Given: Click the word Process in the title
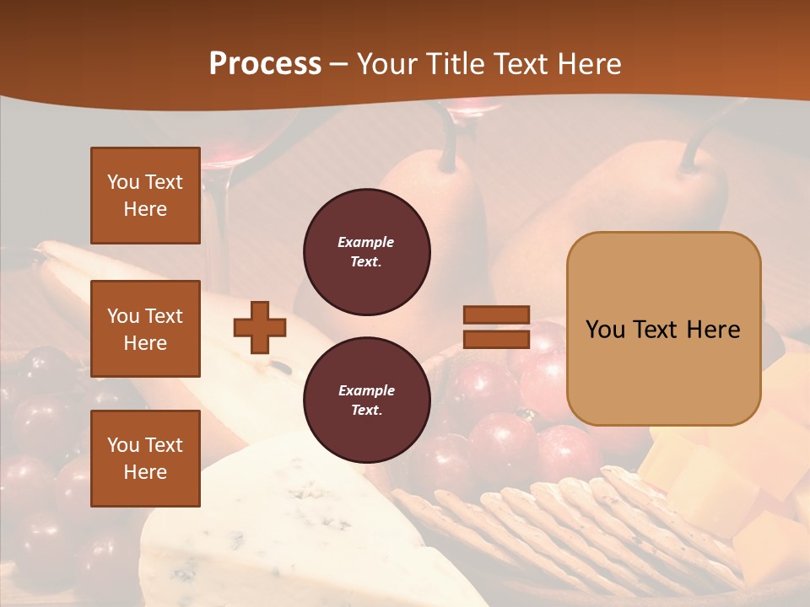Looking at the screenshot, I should pos(265,64).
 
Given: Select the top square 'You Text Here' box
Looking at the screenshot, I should pos(145,196).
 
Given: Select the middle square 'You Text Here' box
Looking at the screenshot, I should pos(145,329).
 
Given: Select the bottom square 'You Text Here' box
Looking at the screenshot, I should pos(145,458).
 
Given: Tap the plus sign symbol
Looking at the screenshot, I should pos(260,327).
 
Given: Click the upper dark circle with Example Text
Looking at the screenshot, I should pos(366,252).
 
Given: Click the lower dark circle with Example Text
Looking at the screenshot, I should pos(366,400).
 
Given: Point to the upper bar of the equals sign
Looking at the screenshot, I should pos(497,315).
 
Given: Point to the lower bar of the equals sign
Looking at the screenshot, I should pos(497,339).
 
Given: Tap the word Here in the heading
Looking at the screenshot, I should pos(587,64).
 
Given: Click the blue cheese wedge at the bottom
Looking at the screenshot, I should pos(278,523).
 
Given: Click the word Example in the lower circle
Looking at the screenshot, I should pos(366,390).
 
